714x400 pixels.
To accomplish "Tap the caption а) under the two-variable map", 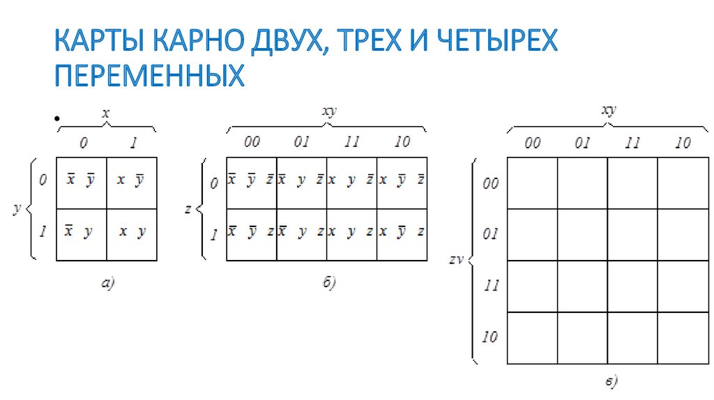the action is click(107, 282).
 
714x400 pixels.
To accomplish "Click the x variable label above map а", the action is click(106, 114).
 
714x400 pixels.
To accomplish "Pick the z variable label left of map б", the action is click(188, 208).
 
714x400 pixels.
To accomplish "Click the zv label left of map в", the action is click(457, 261).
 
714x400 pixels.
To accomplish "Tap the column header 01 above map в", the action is click(582, 144).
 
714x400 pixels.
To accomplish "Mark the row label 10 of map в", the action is click(489, 338).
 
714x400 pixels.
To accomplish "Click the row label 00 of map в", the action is click(489, 183).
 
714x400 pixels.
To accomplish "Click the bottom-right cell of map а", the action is click(132, 234).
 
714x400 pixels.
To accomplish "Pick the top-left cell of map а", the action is click(81, 183).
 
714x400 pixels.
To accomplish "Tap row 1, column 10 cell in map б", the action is click(402, 234).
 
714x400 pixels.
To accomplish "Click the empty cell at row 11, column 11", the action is click(632, 286).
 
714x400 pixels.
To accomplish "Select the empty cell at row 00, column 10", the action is click(683, 183).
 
